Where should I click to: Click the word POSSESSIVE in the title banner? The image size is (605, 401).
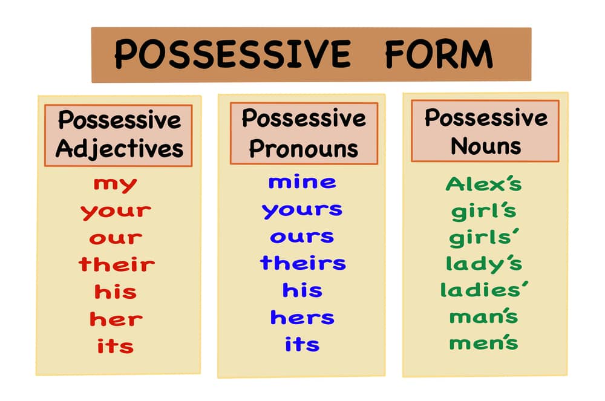(232, 54)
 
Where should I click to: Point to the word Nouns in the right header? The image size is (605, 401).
(485, 146)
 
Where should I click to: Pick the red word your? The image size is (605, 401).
(116, 212)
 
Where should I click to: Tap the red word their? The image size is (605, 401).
(116, 264)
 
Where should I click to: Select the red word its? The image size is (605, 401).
(115, 346)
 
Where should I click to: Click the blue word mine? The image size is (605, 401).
(302, 181)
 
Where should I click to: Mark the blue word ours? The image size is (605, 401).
(302, 236)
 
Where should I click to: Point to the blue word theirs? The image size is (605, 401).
(303, 262)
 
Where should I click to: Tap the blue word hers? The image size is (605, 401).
(302, 317)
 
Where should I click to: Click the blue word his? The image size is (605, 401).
(302, 290)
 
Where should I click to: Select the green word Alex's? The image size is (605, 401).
(483, 183)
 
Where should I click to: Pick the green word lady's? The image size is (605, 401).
(483, 264)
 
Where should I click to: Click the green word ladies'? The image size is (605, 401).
(485, 290)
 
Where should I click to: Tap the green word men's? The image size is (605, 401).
(483, 343)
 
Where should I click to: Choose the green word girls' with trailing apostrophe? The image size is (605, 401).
(485, 237)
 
